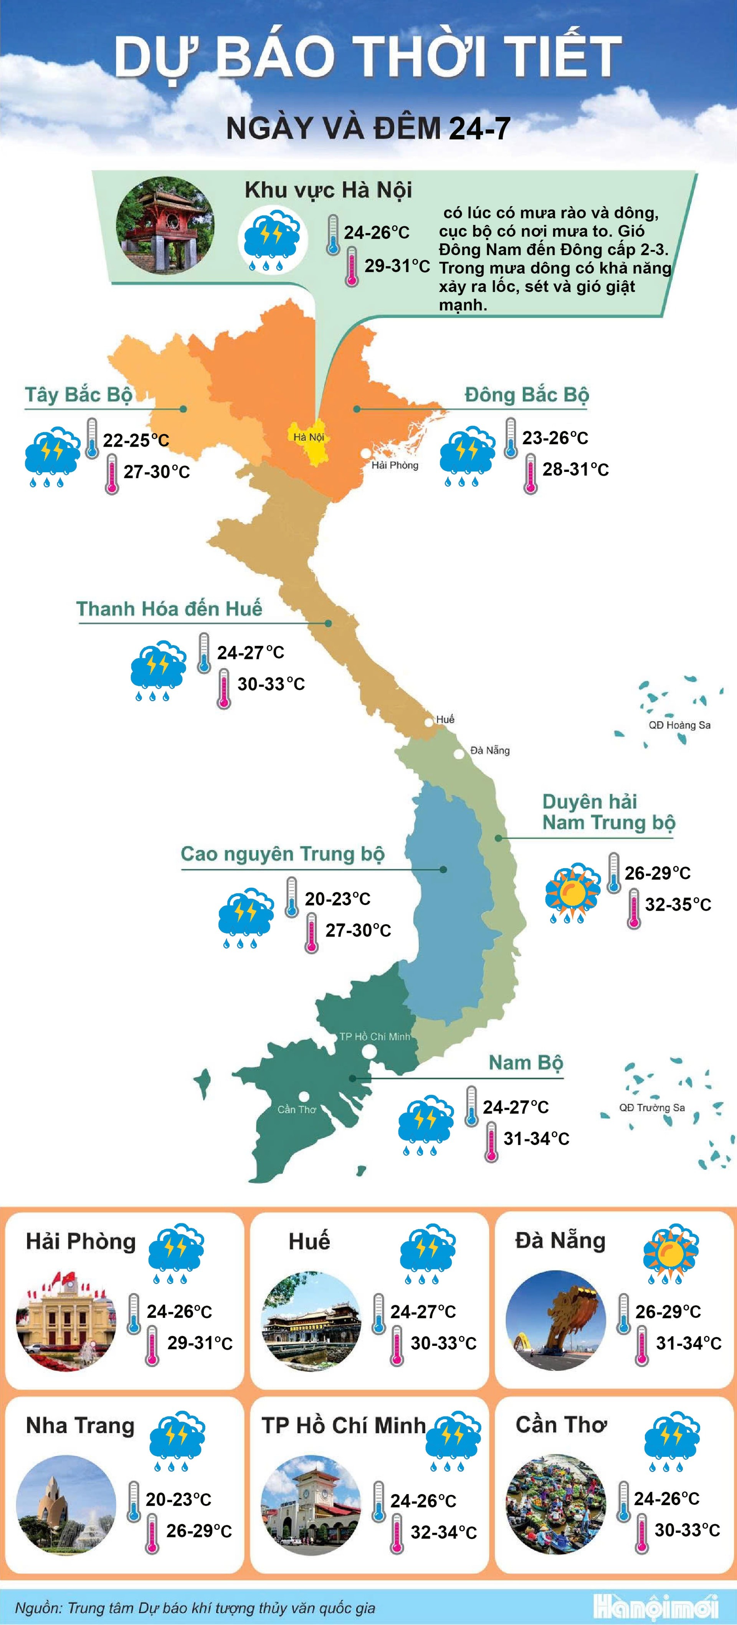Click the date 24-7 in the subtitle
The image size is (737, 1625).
point(479,129)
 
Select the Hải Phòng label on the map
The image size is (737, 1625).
point(395,465)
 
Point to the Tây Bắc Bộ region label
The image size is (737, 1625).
point(79,395)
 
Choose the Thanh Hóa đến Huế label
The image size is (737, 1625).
point(169,609)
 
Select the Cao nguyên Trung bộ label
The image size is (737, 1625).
point(283,854)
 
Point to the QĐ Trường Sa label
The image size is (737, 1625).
point(652,1107)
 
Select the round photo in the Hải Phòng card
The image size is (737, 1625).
point(66,1320)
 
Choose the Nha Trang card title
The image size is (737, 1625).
point(80,1426)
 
